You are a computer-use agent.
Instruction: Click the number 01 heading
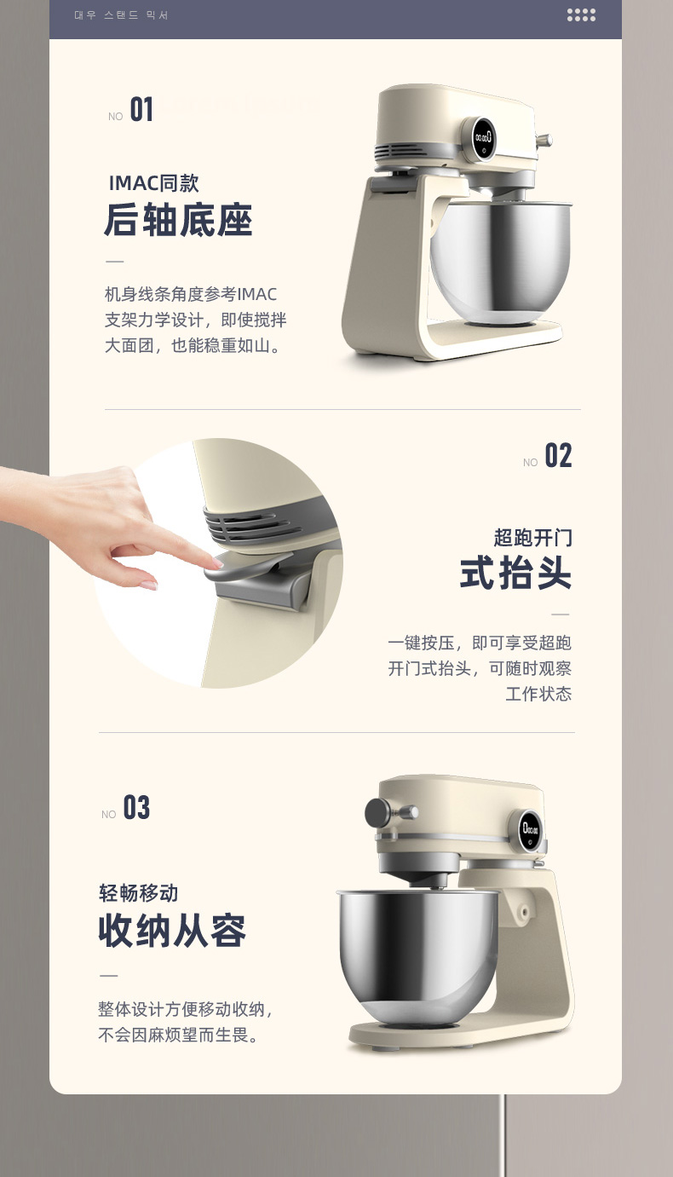(x=141, y=110)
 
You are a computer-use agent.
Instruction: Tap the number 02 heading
(x=558, y=456)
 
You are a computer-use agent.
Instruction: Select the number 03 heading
(x=136, y=808)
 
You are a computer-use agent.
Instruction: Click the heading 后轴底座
(x=178, y=220)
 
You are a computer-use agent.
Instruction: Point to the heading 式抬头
(x=515, y=574)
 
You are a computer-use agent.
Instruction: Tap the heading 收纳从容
(x=172, y=931)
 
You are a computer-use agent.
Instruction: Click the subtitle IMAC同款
(x=153, y=183)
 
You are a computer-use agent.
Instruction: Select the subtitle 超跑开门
(x=532, y=538)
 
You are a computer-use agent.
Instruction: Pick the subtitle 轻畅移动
(x=139, y=892)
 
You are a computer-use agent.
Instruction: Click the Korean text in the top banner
(x=121, y=15)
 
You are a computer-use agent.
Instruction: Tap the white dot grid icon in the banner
(x=581, y=15)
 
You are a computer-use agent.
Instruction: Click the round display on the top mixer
(x=482, y=138)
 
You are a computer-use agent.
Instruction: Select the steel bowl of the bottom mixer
(x=418, y=956)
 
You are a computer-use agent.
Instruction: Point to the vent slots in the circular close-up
(x=247, y=526)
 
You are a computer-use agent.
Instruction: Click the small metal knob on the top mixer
(x=544, y=141)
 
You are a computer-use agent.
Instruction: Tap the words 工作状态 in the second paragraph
(x=538, y=694)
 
